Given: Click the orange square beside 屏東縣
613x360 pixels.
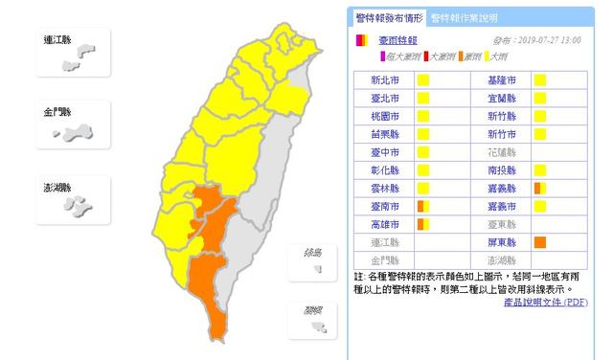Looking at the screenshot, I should [540, 242].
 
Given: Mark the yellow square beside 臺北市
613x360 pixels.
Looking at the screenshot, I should [421, 99].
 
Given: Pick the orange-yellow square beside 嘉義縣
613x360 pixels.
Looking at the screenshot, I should [540, 188].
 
